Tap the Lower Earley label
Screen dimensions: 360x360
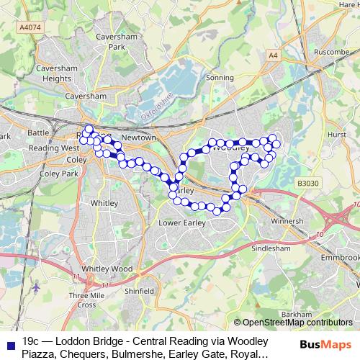181,222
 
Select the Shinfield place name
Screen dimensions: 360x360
140,291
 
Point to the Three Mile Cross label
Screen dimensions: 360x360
86,300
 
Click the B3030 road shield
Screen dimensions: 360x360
305,185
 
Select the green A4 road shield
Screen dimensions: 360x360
272,54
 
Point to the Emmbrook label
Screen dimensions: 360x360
341,257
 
